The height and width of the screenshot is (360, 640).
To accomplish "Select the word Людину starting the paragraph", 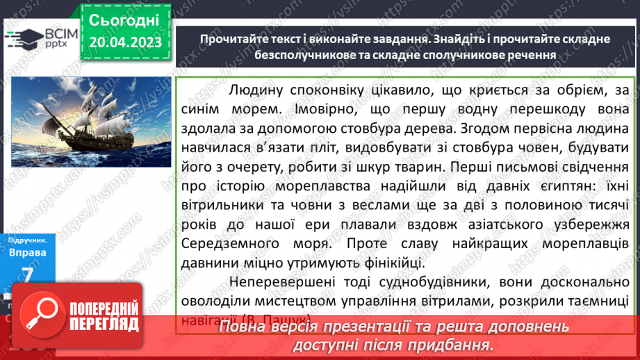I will click(x=253, y=90).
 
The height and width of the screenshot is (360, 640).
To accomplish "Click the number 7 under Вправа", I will click(x=27, y=276).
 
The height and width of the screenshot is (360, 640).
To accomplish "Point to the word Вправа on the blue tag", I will click(x=27, y=252).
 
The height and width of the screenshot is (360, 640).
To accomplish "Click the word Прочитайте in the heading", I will click(x=233, y=39).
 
